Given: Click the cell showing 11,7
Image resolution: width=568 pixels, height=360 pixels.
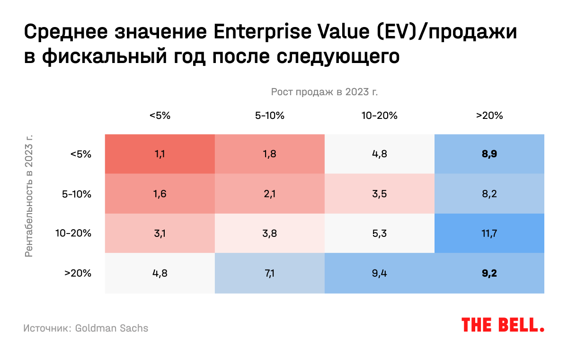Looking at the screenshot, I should point(489,233).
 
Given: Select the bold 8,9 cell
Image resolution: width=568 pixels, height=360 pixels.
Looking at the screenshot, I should point(489,154).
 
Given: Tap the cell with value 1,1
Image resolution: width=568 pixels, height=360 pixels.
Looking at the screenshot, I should point(160,154).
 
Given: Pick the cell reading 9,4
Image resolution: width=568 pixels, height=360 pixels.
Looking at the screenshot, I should point(379,273).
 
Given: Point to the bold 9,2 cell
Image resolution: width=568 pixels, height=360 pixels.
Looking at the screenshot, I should point(489,273).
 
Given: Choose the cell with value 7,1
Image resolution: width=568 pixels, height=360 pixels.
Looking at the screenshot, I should point(269,273).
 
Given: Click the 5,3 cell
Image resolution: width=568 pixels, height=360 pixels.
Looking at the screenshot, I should point(379,233).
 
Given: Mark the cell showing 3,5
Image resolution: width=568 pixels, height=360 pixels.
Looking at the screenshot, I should point(379,194).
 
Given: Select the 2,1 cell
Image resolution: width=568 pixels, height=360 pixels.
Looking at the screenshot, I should point(269,194).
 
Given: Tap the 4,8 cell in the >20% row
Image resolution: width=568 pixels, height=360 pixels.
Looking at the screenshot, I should point(160,273).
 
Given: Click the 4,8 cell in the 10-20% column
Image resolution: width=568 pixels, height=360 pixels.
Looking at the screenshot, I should point(379,154).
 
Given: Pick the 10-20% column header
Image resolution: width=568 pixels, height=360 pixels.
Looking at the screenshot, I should point(379,115).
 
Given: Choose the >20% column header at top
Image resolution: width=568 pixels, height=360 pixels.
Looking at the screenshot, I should point(489,115).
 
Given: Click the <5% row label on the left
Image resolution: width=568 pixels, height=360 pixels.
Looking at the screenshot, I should point(80,154).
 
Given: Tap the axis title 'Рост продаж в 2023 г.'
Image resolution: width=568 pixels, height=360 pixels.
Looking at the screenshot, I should point(324,91).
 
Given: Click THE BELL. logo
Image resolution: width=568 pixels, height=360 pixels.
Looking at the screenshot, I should point(503,325).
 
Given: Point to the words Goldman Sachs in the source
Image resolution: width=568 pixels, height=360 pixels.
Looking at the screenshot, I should point(112,328).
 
